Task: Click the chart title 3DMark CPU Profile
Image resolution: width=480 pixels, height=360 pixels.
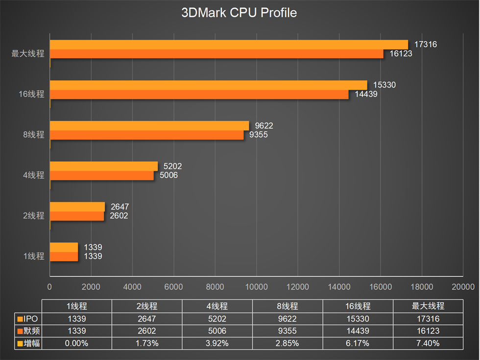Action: click(239, 13)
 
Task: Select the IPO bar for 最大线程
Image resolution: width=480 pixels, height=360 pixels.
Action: click(229, 45)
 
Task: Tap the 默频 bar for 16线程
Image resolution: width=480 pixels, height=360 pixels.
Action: click(199, 95)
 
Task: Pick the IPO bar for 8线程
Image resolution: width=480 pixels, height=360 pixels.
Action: click(149, 125)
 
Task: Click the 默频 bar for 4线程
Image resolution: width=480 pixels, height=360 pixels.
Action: click(101, 175)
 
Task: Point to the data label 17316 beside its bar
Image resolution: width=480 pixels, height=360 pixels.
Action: click(425, 45)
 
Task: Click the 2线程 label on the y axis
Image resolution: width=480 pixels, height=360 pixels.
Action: click(33, 216)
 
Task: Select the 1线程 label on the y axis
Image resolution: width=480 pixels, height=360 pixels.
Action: click(33, 256)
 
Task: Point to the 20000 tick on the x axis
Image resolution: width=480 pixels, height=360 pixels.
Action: click(463, 287)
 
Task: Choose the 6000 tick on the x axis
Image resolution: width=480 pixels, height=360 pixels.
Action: click(174, 287)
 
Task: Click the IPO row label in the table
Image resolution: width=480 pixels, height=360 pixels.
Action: click(28, 319)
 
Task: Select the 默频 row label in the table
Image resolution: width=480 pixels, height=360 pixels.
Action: click(28, 331)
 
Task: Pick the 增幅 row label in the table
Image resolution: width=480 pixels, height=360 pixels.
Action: click(28, 343)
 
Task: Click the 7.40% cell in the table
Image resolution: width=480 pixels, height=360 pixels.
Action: click(428, 343)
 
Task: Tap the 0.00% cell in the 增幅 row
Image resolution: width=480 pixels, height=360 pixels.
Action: click(77, 343)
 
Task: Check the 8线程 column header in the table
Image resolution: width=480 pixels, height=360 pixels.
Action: click(288, 307)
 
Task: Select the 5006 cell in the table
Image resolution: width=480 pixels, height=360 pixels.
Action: click(217, 331)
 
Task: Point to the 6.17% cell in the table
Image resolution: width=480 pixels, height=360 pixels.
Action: click(358, 343)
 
